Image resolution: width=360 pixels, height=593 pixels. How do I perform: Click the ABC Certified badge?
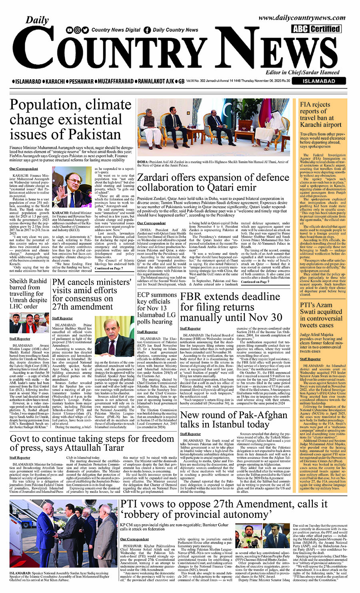pos(316,29)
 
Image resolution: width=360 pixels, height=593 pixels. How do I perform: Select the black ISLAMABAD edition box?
pos(318,81)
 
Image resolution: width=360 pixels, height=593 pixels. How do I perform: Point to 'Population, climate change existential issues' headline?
pos(66,120)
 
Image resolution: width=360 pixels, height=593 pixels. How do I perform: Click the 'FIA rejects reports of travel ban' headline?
pos(320,114)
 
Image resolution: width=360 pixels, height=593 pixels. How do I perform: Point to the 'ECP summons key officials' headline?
pos(156,308)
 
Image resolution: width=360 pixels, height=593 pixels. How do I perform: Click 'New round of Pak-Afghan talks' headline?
pos(233,419)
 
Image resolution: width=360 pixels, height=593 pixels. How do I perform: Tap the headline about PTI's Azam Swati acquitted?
pos(321,315)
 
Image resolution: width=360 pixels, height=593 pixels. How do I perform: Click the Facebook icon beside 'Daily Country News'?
pos(147,30)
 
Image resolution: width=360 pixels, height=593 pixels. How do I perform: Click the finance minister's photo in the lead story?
pos(72,187)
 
